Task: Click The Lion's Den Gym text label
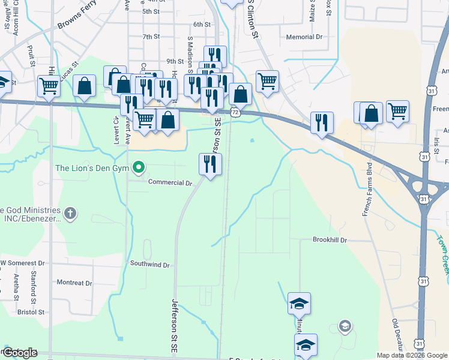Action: coord(92,169)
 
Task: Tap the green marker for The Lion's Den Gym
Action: coord(139,167)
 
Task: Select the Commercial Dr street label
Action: coord(169,182)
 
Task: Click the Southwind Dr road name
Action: coord(150,265)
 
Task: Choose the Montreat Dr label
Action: coord(74,283)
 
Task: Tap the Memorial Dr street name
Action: coord(304,37)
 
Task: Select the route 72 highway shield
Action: coord(236,112)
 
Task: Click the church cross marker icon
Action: coord(70,212)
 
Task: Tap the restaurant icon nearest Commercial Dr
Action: coord(210,164)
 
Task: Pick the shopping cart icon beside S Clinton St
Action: coord(267,80)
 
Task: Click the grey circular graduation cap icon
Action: coord(345,326)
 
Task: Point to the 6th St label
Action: coord(202,25)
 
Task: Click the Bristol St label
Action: coord(31,312)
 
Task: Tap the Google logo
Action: coord(19,353)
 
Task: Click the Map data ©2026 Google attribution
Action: coord(412,355)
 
